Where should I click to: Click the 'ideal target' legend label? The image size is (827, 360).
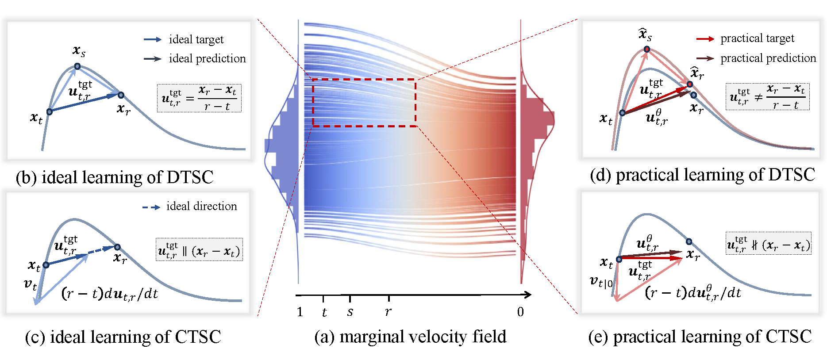(x=196, y=40)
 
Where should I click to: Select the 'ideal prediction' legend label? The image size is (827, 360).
(x=207, y=59)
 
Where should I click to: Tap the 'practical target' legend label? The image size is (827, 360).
(x=757, y=39)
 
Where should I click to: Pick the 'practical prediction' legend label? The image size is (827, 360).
(x=768, y=58)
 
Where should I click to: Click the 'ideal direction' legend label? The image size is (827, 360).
(x=201, y=207)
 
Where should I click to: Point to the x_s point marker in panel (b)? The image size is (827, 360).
(x=77, y=66)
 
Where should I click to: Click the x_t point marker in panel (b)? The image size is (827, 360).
(x=50, y=111)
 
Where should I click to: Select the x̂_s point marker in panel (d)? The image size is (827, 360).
(x=647, y=49)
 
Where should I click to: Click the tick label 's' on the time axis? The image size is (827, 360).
(x=350, y=312)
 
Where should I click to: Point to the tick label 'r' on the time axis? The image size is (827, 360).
(x=388, y=312)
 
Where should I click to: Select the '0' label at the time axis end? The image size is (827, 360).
(x=520, y=312)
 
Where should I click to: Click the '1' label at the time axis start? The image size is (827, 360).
(x=300, y=312)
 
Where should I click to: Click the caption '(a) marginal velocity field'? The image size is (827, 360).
(x=410, y=337)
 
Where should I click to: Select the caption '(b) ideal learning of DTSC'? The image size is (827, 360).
(x=115, y=177)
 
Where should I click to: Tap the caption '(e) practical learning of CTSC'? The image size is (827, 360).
(x=700, y=337)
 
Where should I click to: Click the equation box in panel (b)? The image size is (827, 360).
(x=199, y=98)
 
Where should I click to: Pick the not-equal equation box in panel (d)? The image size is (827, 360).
(x=767, y=97)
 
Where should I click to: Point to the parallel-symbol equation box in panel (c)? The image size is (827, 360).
(x=199, y=250)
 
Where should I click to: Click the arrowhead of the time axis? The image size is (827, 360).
(x=527, y=295)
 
